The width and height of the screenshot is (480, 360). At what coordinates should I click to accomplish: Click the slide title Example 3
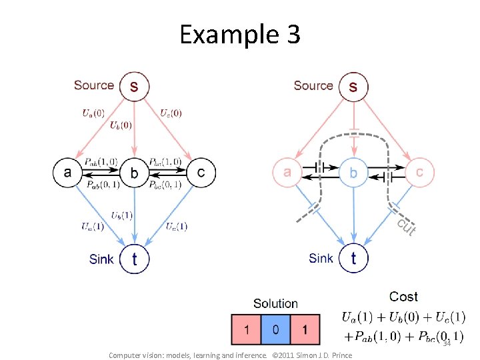tap(240, 34)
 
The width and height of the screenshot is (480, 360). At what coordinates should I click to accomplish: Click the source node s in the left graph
tap(135, 86)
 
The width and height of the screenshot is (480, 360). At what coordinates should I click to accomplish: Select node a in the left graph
tap(67, 172)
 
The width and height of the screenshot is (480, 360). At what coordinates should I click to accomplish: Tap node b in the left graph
tap(135, 173)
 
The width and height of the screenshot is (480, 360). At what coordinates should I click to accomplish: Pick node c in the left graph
tap(201, 172)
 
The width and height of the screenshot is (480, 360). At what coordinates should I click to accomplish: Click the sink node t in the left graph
tap(135, 258)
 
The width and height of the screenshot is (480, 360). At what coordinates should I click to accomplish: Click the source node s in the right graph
tap(353, 86)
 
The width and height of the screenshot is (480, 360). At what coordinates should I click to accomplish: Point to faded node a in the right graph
tap(287, 172)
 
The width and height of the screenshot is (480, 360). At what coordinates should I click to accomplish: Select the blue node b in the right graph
tap(353, 173)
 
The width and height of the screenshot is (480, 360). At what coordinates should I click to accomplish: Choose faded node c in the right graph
tap(420, 172)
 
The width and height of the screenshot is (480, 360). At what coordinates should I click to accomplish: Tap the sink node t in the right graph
tap(353, 258)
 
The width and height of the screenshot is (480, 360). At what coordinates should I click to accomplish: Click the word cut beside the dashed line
tap(407, 227)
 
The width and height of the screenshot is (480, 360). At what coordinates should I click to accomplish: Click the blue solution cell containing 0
tap(275, 329)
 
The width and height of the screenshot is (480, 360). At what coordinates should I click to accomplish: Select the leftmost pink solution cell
tap(246, 329)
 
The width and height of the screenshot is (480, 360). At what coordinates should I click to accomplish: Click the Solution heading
tap(275, 304)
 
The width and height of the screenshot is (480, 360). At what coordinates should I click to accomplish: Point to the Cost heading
tap(403, 297)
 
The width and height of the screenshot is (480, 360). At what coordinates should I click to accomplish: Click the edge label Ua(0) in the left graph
tap(93, 113)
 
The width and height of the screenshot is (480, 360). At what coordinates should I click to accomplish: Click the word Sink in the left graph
tap(101, 259)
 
